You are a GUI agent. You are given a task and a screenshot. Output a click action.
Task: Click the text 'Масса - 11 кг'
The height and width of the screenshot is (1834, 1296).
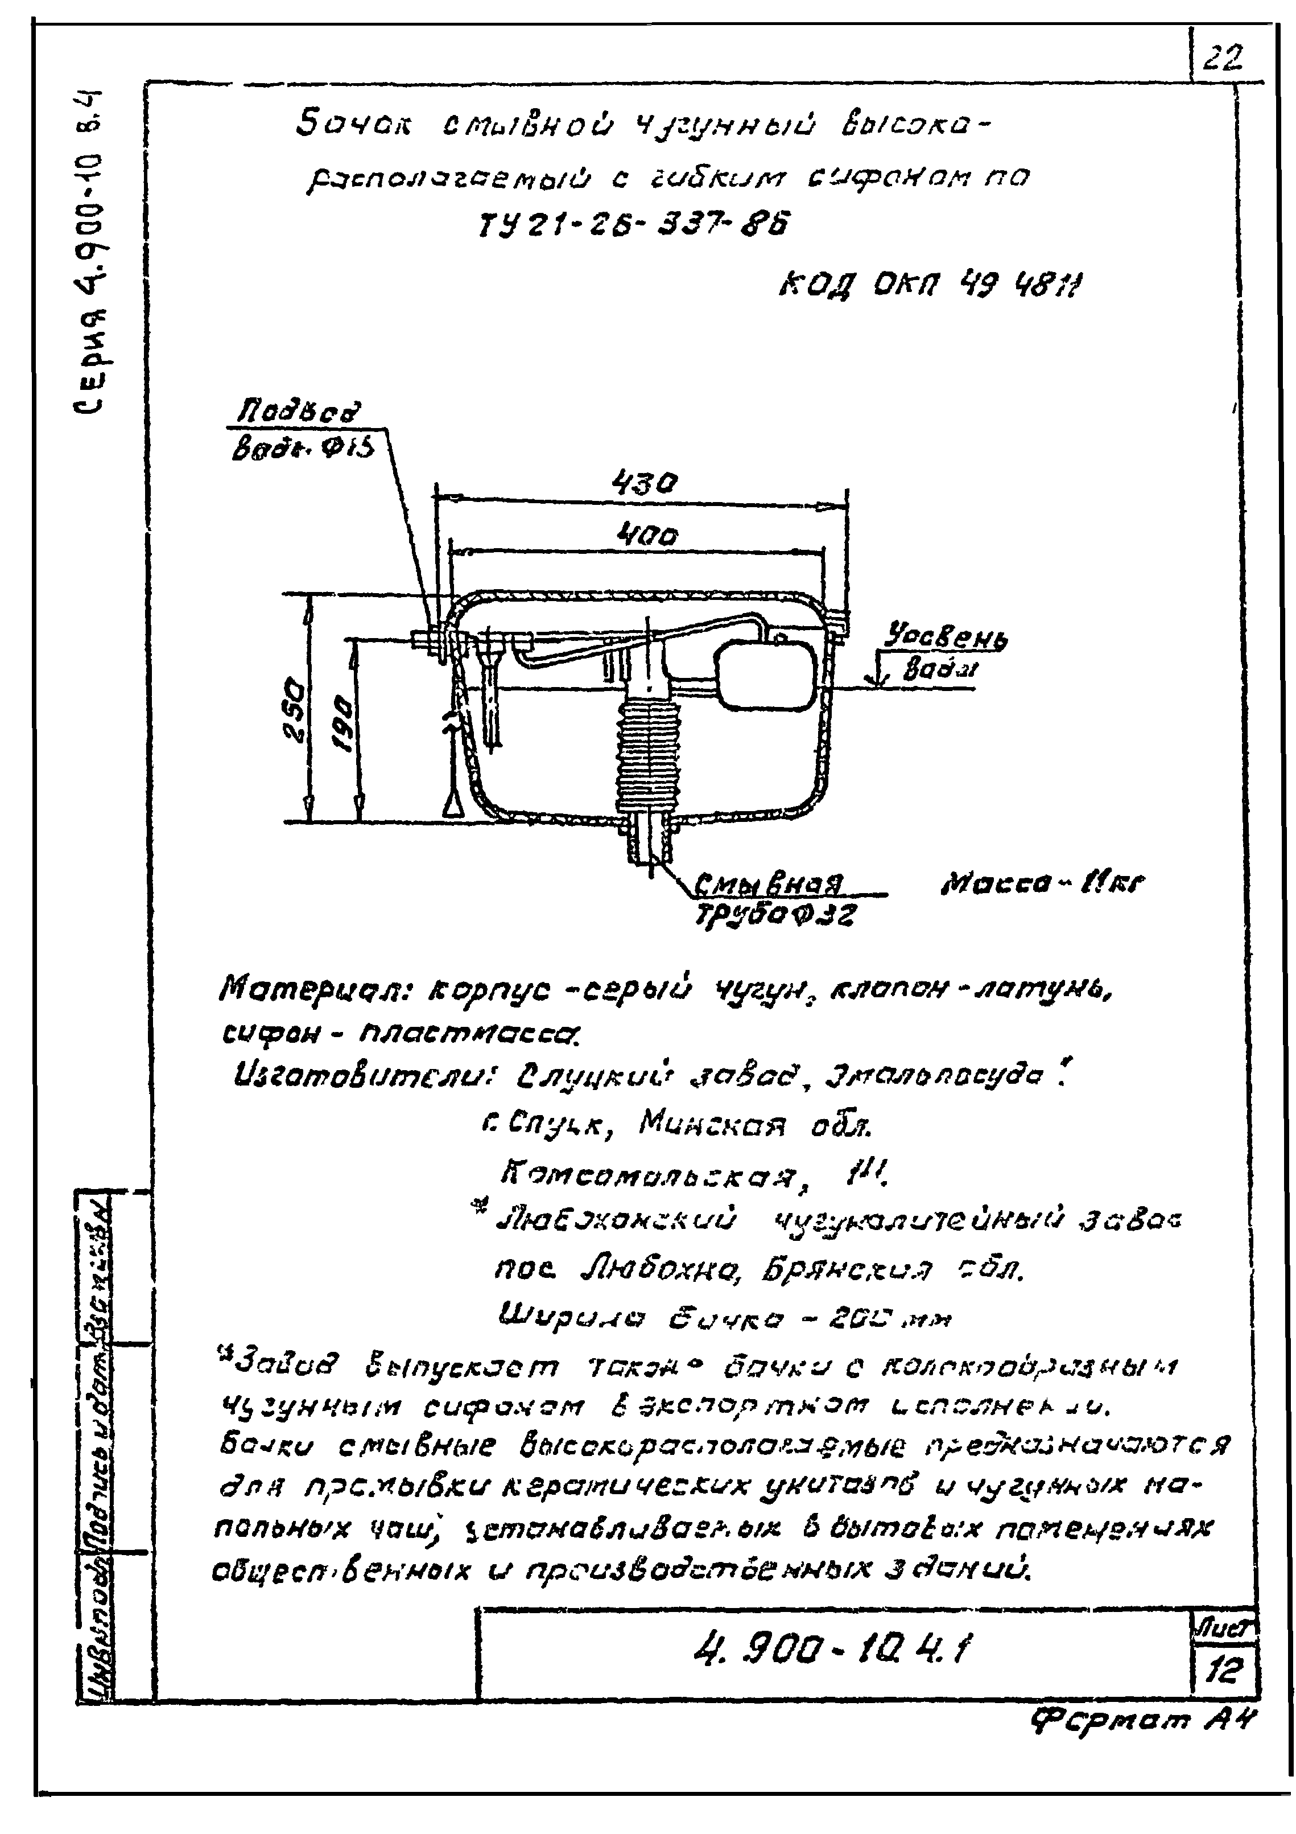pyautogui.click(x=1043, y=883)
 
